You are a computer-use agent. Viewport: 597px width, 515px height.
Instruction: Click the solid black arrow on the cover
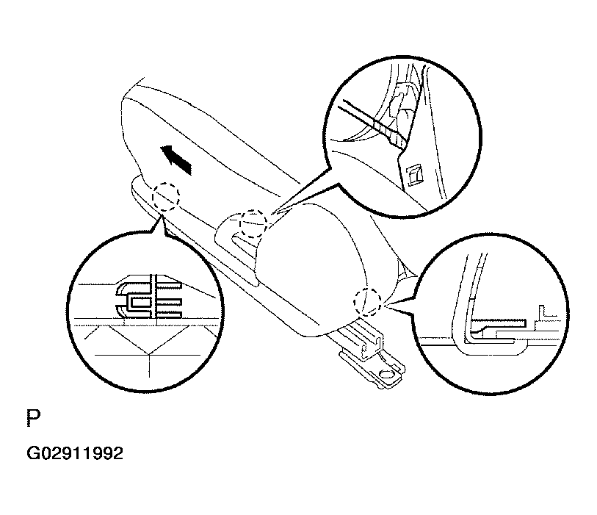(176, 159)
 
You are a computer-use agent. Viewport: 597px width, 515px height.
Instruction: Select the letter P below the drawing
(34, 419)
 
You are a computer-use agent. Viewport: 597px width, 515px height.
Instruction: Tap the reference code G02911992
(75, 454)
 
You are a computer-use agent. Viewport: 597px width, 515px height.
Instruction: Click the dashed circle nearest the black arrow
(166, 196)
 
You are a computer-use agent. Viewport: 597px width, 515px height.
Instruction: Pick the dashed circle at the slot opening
(253, 224)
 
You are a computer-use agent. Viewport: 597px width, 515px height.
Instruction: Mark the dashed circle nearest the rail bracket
(367, 302)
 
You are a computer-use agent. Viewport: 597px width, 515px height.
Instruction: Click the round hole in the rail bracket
(388, 374)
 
